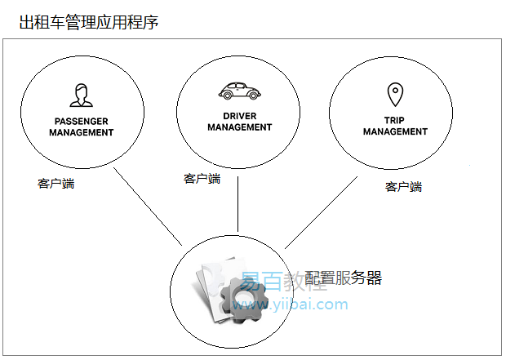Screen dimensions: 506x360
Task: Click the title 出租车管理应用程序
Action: (x=88, y=22)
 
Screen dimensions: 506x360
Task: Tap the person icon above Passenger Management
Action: (x=80, y=96)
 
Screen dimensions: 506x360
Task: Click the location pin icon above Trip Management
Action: (x=395, y=95)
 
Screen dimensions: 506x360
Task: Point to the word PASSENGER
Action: (x=82, y=122)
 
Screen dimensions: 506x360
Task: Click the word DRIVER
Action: (x=239, y=116)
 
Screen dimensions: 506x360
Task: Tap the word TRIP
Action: (x=395, y=120)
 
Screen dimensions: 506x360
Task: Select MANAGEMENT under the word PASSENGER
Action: (x=82, y=132)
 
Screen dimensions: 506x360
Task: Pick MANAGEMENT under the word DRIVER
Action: (x=239, y=127)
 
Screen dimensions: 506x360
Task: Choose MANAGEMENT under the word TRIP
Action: (x=395, y=131)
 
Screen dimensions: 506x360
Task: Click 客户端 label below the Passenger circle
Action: (x=55, y=184)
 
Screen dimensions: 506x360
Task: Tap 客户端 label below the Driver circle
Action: (x=202, y=179)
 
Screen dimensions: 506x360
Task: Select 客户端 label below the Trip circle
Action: (x=403, y=187)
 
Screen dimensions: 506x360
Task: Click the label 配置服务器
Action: (x=343, y=278)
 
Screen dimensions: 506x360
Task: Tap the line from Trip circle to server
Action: (x=322, y=211)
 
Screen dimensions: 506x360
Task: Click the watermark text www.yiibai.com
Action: (x=291, y=305)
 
